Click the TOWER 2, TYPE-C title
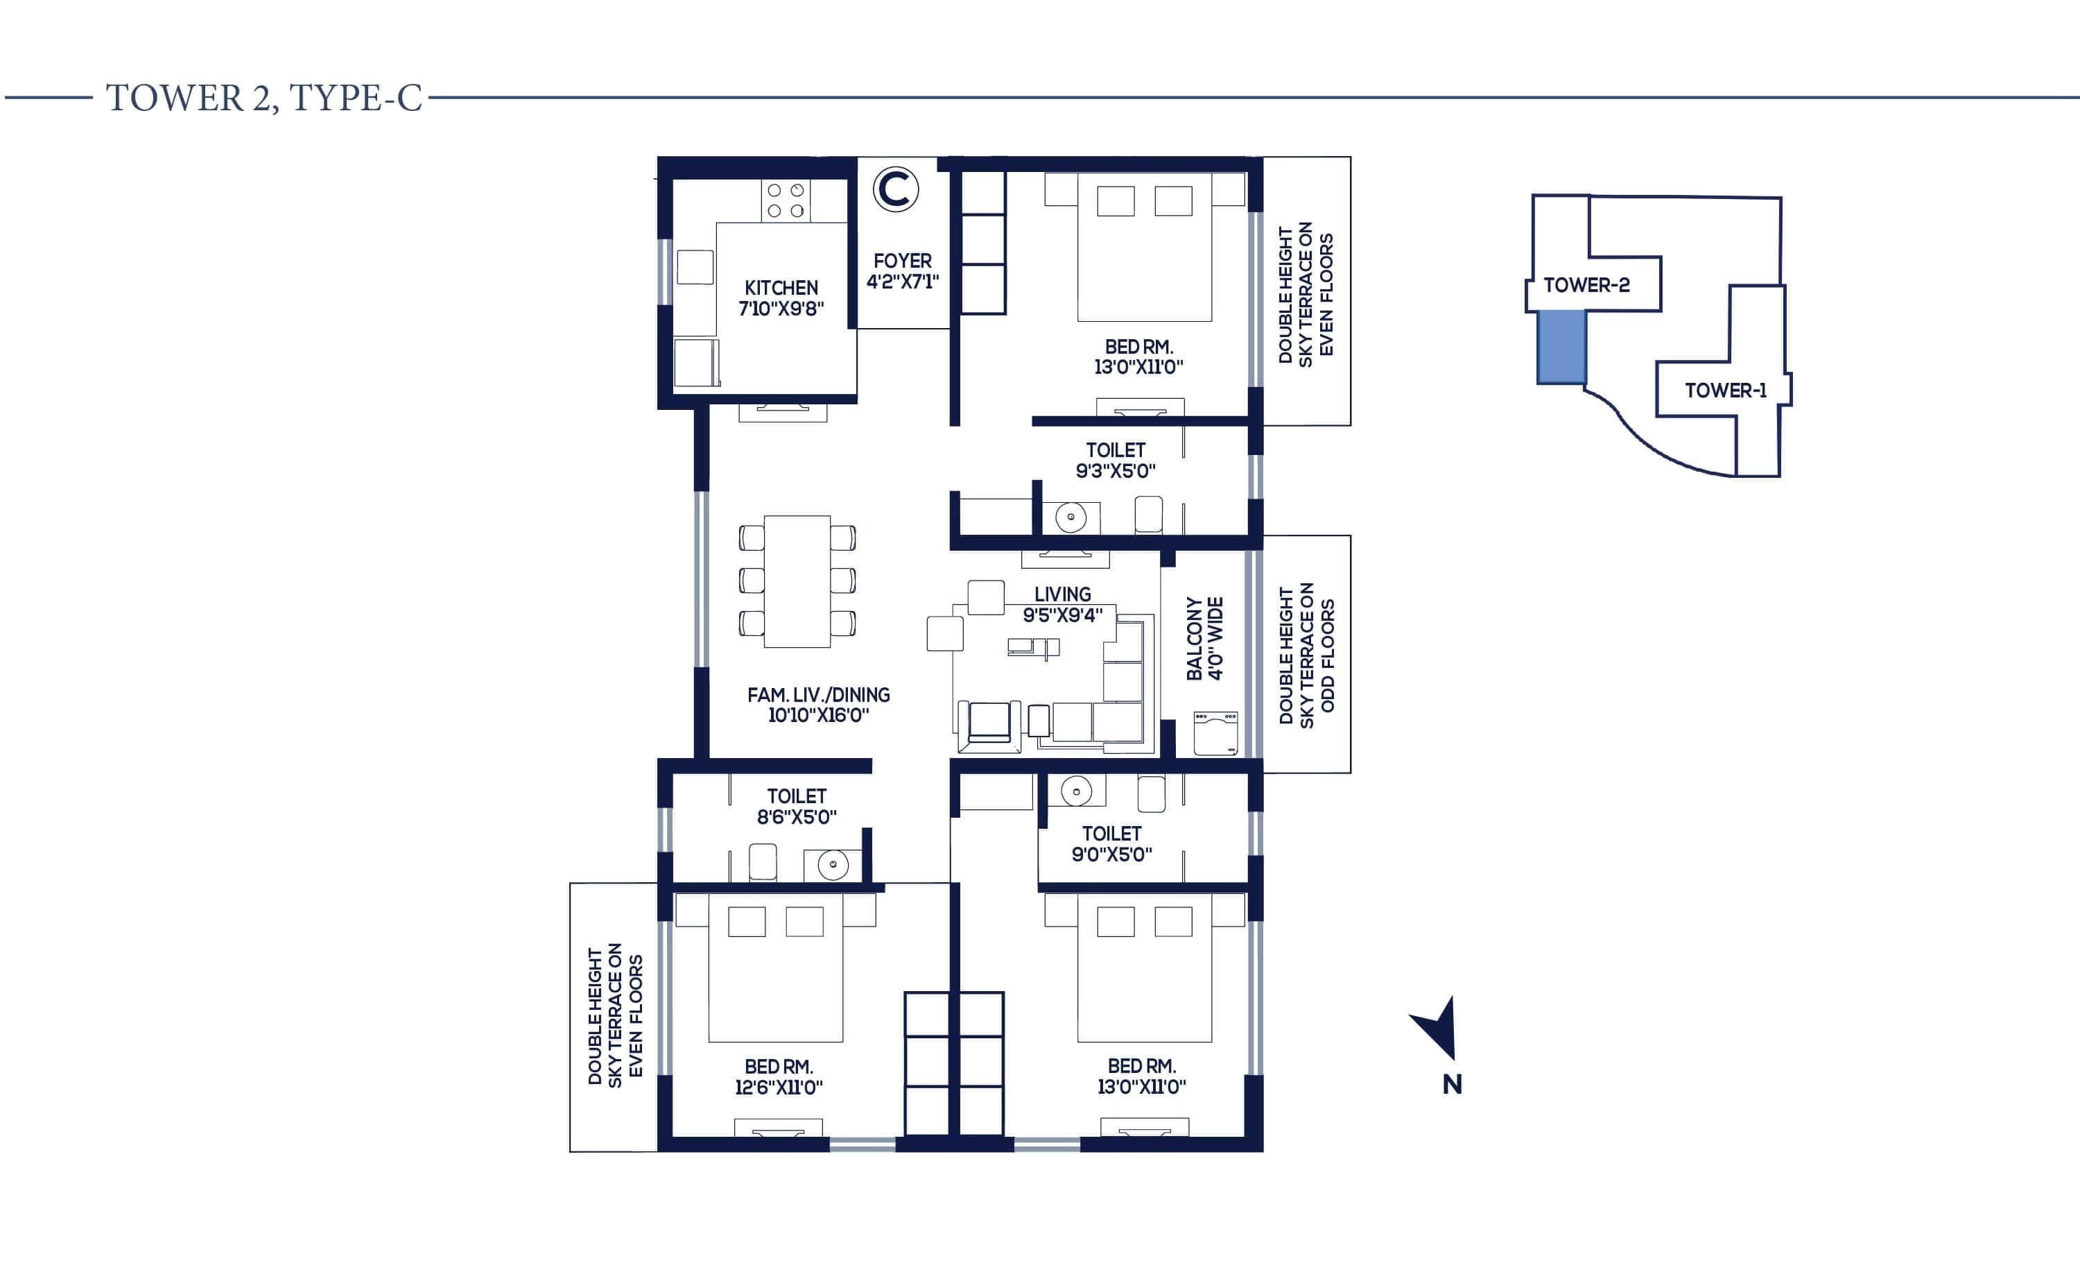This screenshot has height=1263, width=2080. [x=263, y=98]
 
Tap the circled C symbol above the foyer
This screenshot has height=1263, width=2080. [x=896, y=189]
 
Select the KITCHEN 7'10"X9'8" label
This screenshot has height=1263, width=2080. [x=781, y=298]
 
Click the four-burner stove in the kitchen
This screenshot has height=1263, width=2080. [x=785, y=201]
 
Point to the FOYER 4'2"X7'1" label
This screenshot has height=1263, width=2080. [x=903, y=271]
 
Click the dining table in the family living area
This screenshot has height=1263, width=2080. [x=797, y=582]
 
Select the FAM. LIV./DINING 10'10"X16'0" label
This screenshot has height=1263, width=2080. [x=818, y=705]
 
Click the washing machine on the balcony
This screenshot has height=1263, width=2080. [x=1215, y=733]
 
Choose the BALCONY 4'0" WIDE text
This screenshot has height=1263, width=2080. [x=1204, y=639]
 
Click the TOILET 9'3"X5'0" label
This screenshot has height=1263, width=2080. [x=1115, y=460]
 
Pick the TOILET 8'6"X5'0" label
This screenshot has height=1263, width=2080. [x=796, y=806]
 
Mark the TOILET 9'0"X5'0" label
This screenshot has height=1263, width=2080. [x=1111, y=843]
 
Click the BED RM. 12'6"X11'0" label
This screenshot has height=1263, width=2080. [x=779, y=1076]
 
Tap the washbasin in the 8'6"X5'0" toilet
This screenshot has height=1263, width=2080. [x=832, y=864]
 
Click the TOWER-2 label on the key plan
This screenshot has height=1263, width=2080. [x=1586, y=285]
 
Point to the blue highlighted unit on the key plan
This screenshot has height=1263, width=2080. [x=1561, y=347]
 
